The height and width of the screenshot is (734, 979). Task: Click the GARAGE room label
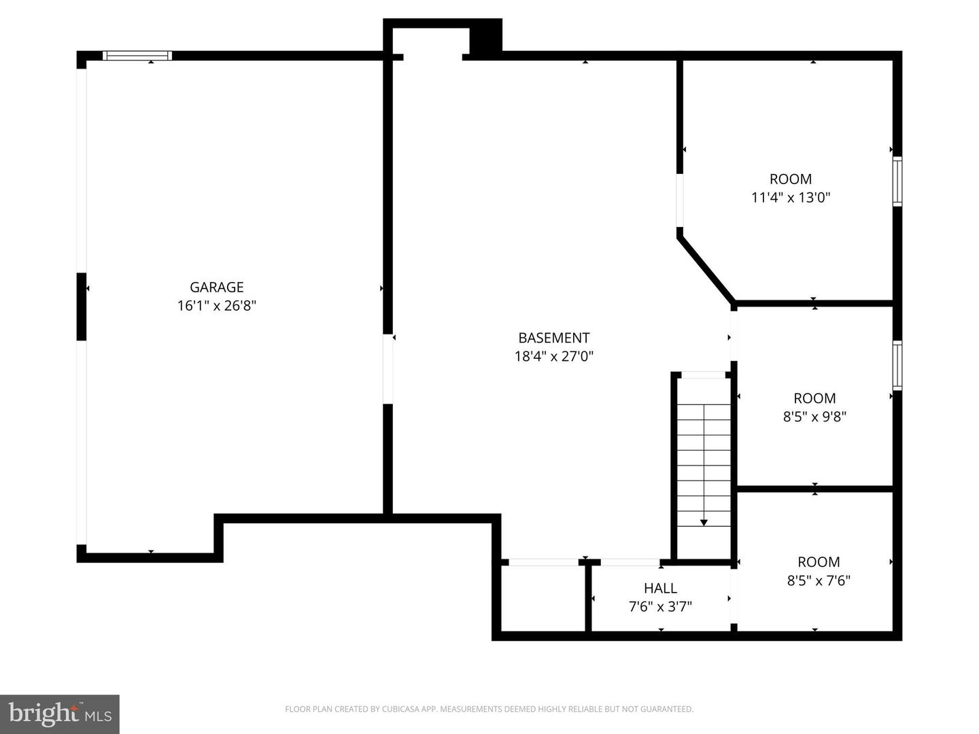(216, 287)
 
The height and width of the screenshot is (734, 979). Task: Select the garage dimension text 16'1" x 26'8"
(216, 306)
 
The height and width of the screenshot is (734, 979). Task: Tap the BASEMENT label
(553, 338)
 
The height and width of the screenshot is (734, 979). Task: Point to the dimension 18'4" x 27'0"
(553, 356)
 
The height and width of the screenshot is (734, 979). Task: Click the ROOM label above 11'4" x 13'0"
(790, 179)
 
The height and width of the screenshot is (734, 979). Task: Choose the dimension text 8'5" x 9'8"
(814, 417)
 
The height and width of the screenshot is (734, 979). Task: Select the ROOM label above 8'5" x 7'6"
(819, 562)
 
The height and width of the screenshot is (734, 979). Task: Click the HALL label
(660, 589)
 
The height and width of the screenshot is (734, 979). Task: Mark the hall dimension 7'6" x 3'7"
(660, 606)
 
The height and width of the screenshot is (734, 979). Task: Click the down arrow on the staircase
(704, 521)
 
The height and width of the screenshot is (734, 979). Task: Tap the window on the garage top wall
(137, 56)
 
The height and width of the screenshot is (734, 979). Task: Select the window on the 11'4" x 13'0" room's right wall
(897, 181)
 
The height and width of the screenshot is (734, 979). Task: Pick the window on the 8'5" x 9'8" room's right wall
(897, 366)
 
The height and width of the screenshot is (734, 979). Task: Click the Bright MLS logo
(60, 714)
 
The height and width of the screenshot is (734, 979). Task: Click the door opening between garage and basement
(388, 369)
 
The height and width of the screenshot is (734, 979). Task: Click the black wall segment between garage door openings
(82, 306)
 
